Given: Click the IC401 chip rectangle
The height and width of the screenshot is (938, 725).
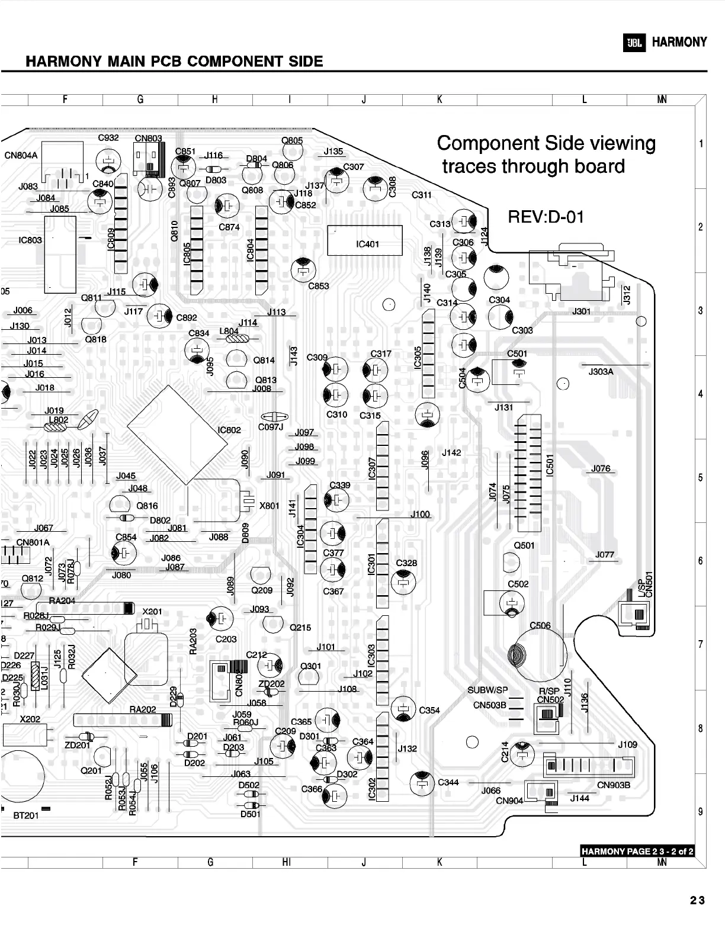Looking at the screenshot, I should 365,240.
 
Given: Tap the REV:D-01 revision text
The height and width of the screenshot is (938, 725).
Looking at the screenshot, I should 546,217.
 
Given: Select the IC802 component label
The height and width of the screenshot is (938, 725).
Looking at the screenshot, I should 229,430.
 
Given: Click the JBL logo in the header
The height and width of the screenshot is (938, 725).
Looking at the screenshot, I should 634,43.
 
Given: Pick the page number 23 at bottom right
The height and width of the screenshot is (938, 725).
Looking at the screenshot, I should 697,901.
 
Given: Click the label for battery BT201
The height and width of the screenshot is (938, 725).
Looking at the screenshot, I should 26,815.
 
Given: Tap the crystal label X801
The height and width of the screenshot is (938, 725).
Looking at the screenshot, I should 270,506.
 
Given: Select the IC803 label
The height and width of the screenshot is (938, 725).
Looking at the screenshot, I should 30,240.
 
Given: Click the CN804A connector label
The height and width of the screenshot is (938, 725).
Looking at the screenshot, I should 21,156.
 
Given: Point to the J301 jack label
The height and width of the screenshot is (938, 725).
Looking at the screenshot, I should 581,311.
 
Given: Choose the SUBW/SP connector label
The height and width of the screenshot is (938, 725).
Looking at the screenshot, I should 487,690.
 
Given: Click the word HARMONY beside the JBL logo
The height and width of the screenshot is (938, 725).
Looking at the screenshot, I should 679,42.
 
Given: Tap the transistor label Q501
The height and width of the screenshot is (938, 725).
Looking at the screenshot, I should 524,545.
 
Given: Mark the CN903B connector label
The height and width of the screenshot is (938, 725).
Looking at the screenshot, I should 614,785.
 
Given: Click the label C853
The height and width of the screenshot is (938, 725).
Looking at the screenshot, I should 319,286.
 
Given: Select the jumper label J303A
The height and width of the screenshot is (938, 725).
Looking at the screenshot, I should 601,372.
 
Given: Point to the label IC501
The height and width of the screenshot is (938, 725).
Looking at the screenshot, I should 550,464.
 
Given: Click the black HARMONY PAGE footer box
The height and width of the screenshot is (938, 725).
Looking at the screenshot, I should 637,852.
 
